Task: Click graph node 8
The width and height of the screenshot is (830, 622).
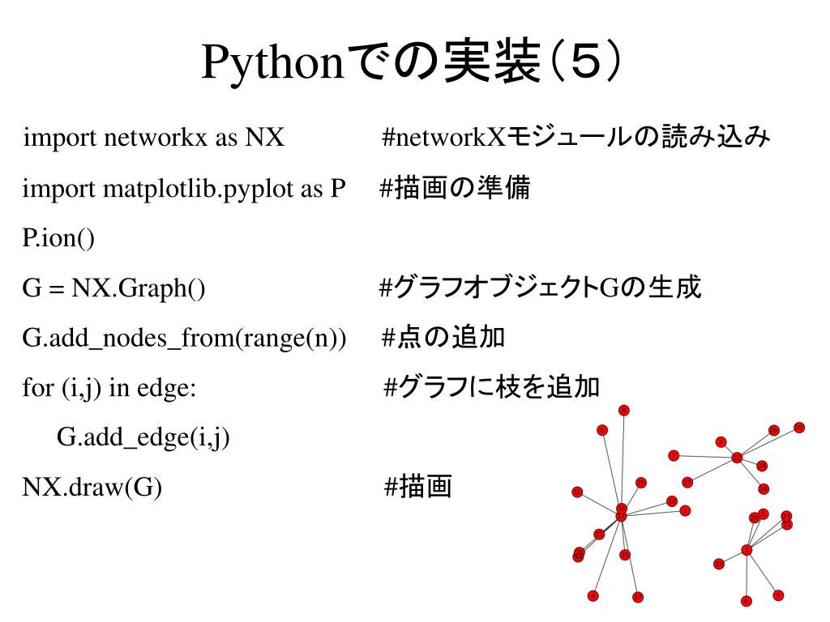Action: point(623,411)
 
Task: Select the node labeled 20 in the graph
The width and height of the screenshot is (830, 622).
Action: point(799,428)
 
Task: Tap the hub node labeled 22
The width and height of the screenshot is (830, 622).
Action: point(737,458)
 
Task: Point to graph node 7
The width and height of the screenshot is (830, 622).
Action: point(674,455)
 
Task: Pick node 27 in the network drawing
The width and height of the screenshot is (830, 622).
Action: point(687,483)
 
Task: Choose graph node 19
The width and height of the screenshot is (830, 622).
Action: point(719,564)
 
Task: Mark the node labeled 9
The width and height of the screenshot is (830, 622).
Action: point(778,595)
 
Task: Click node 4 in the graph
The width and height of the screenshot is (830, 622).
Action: point(593,596)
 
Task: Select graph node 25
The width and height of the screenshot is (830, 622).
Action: point(641,483)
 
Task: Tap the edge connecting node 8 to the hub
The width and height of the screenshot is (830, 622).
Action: point(622,458)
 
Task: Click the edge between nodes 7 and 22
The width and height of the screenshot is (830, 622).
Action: point(705,457)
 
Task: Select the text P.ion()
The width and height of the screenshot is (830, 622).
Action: point(58,238)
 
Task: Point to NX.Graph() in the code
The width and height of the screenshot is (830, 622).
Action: point(139,288)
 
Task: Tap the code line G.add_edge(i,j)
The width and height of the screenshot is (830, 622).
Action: point(143,438)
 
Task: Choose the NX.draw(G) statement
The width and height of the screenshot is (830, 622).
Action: point(92,488)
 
